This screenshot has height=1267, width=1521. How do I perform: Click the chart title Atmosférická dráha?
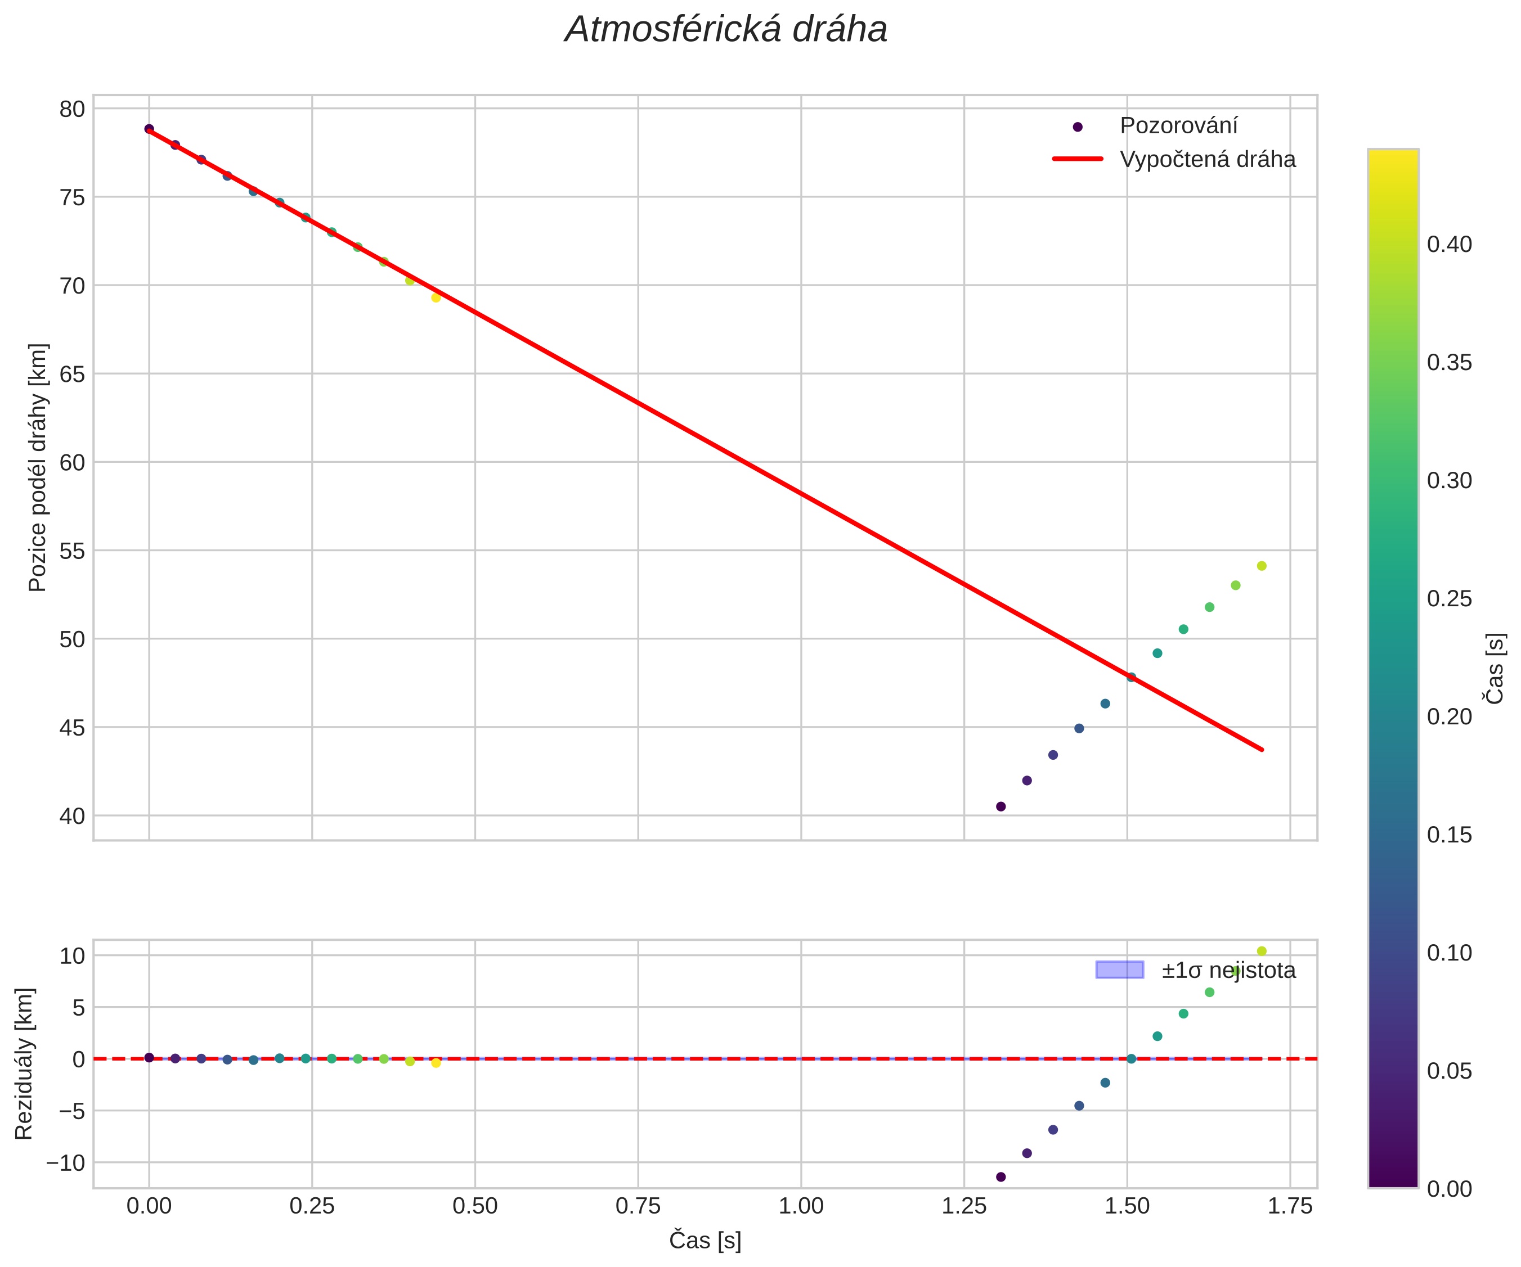click(726, 30)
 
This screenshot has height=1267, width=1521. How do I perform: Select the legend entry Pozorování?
click(1178, 126)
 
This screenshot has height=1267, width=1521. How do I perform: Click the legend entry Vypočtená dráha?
click(1208, 159)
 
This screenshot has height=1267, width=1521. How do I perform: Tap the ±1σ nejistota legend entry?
click(1228, 970)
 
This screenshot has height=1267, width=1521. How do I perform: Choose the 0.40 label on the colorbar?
click(1450, 245)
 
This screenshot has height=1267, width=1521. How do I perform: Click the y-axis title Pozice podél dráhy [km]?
click(38, 467)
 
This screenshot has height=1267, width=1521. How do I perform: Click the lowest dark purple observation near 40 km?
click(1001, 806)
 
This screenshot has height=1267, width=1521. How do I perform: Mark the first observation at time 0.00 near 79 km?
click(149, 129)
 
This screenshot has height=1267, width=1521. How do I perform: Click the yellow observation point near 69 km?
click(436, 297)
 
